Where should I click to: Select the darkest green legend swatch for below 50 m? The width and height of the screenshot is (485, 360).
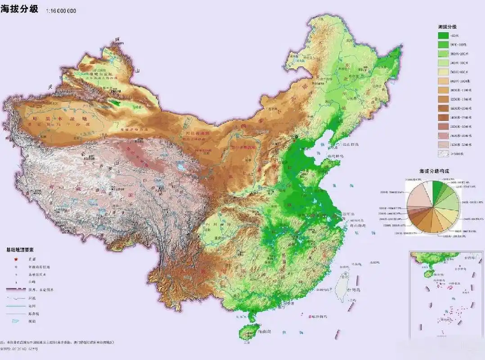444,36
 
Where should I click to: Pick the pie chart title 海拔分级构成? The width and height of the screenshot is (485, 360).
434,171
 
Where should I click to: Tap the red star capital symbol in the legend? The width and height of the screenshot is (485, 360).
17,259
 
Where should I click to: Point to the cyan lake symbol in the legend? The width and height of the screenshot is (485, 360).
17,321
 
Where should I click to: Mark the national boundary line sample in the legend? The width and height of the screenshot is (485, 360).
16,289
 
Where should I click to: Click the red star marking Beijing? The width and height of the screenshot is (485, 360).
294,135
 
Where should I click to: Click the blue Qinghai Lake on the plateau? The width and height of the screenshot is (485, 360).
181,167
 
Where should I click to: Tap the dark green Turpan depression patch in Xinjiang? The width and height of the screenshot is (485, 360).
116,103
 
